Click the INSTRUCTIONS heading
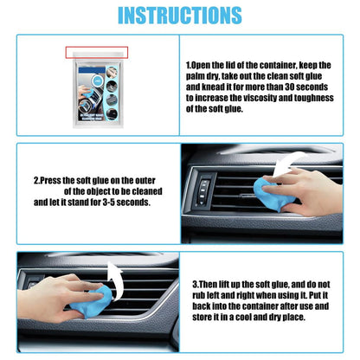[x=179, y=15]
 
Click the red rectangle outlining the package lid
[x=97, y=53]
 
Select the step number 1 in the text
[x=190, y=65]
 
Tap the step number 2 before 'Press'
[x=36, y=181]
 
